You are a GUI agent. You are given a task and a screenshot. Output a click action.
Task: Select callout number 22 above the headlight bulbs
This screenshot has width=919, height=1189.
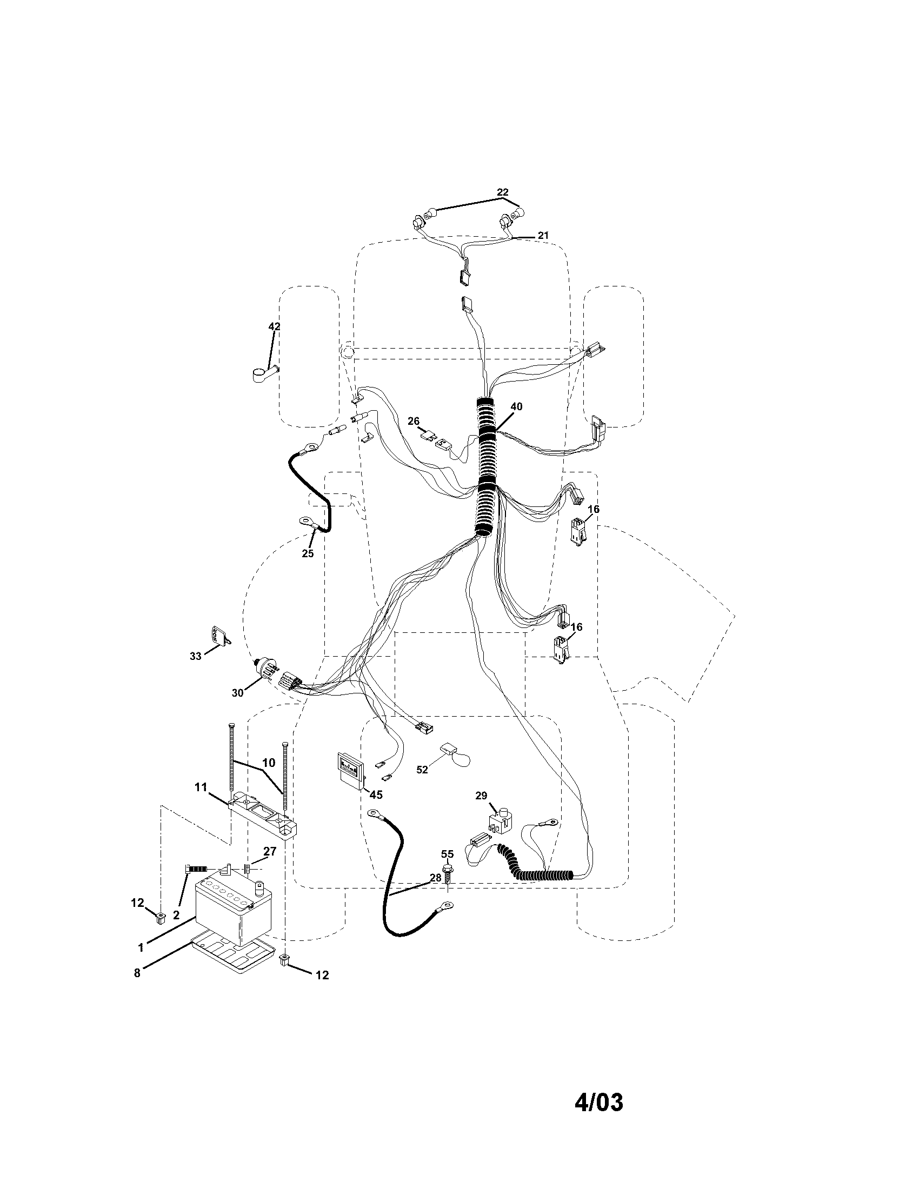pyautogui.click(x=502, y=192)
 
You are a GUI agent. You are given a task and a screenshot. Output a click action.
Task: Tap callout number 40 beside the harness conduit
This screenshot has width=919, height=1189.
pyautogui.click(x=516, y=406)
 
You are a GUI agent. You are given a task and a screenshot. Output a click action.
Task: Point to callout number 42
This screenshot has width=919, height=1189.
pyautogui.click(x=275, y=326)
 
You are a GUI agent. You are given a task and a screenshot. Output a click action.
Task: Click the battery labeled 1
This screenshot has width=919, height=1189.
pyautogui.click(x=234, y=911)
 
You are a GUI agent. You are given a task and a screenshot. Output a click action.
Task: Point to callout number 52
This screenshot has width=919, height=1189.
pyautogui.click(x=423, y=770)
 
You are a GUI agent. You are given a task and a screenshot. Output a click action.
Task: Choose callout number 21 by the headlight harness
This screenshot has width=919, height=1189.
pyautogui.click(x=543, y=235)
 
